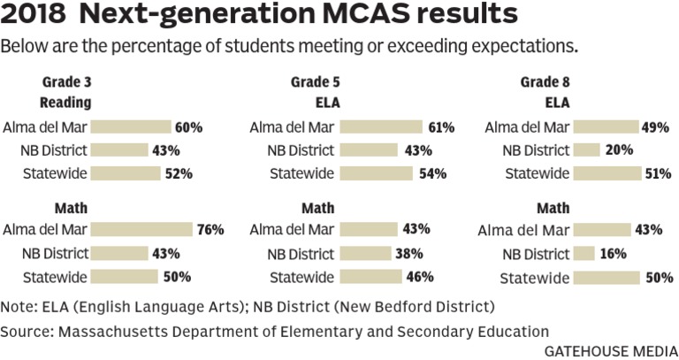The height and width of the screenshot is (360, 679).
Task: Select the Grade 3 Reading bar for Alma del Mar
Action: click(x=131, y=126)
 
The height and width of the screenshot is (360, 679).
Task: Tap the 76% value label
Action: click(x=210, y=230)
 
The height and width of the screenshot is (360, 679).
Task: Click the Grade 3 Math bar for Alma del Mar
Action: click(x=141, y=230)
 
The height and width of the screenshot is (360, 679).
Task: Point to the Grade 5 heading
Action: click(x=315, y=82)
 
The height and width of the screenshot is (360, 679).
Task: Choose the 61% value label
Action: click(x=440, y=127)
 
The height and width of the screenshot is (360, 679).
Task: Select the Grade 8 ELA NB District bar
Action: click(x=587, y=150)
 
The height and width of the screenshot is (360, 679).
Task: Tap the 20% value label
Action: click(x=619, y=150)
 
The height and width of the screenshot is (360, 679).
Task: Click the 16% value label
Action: click(x=612, y=254)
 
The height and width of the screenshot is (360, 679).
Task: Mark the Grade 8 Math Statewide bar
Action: click(x=618, y=278)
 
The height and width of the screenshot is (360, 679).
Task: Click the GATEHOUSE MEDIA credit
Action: click(x=609, y=349)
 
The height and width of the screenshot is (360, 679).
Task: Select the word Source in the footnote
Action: click(x=26, y=332)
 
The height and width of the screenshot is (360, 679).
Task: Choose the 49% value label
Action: click(x=655, y=127)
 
